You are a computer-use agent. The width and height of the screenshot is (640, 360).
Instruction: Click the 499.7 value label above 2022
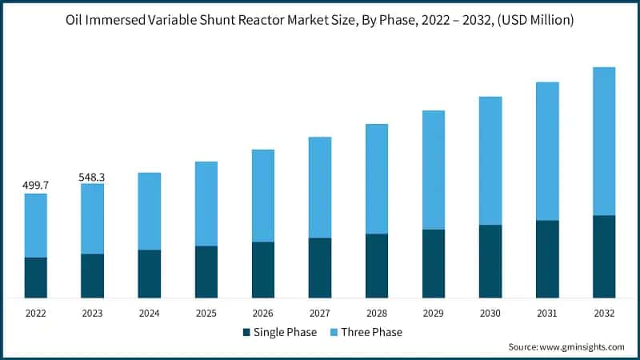(x=36, y=186)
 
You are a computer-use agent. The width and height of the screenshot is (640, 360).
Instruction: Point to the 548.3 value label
(x=93, y=176)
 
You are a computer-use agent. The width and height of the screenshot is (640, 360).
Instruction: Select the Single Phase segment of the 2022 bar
(x=36, y=278)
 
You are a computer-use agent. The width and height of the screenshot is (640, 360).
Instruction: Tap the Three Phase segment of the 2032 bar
(x=604, y=141)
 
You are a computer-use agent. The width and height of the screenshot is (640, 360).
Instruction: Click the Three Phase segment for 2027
(x=320, y=187)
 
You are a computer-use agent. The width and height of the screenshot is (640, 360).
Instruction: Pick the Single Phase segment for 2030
(x=490, y=261)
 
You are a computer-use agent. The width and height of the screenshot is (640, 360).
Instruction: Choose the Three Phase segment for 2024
(x=150, y=211)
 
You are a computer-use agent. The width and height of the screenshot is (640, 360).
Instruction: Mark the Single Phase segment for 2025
(x=206, y=271)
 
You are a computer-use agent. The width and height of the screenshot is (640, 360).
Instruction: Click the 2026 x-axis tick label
(x=263, y=313)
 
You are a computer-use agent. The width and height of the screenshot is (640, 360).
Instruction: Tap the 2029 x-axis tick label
(x=434, y=313)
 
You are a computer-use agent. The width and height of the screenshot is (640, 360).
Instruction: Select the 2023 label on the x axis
(x=93, y=313)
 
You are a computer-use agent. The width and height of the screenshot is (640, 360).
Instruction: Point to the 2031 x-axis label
(x=547, y=313)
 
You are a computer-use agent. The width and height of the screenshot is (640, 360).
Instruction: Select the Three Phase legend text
(x=372, y=332)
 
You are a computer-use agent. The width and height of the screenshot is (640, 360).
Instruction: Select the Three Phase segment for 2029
(x=434, y=170)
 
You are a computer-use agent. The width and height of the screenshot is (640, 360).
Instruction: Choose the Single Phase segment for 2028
(x=377, y=266)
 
